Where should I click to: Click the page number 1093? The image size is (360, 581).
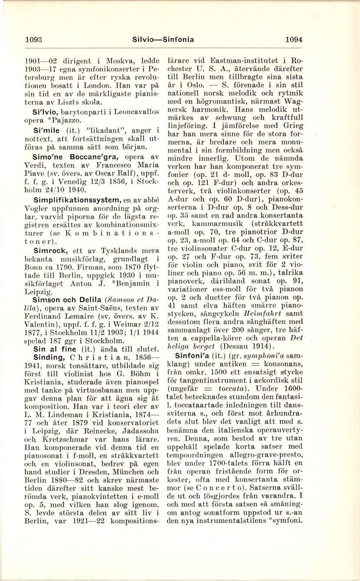[x=33, y=39]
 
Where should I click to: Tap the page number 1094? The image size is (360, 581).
[x=293, y=39]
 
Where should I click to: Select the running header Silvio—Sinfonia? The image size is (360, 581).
[x=163, y=39]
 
